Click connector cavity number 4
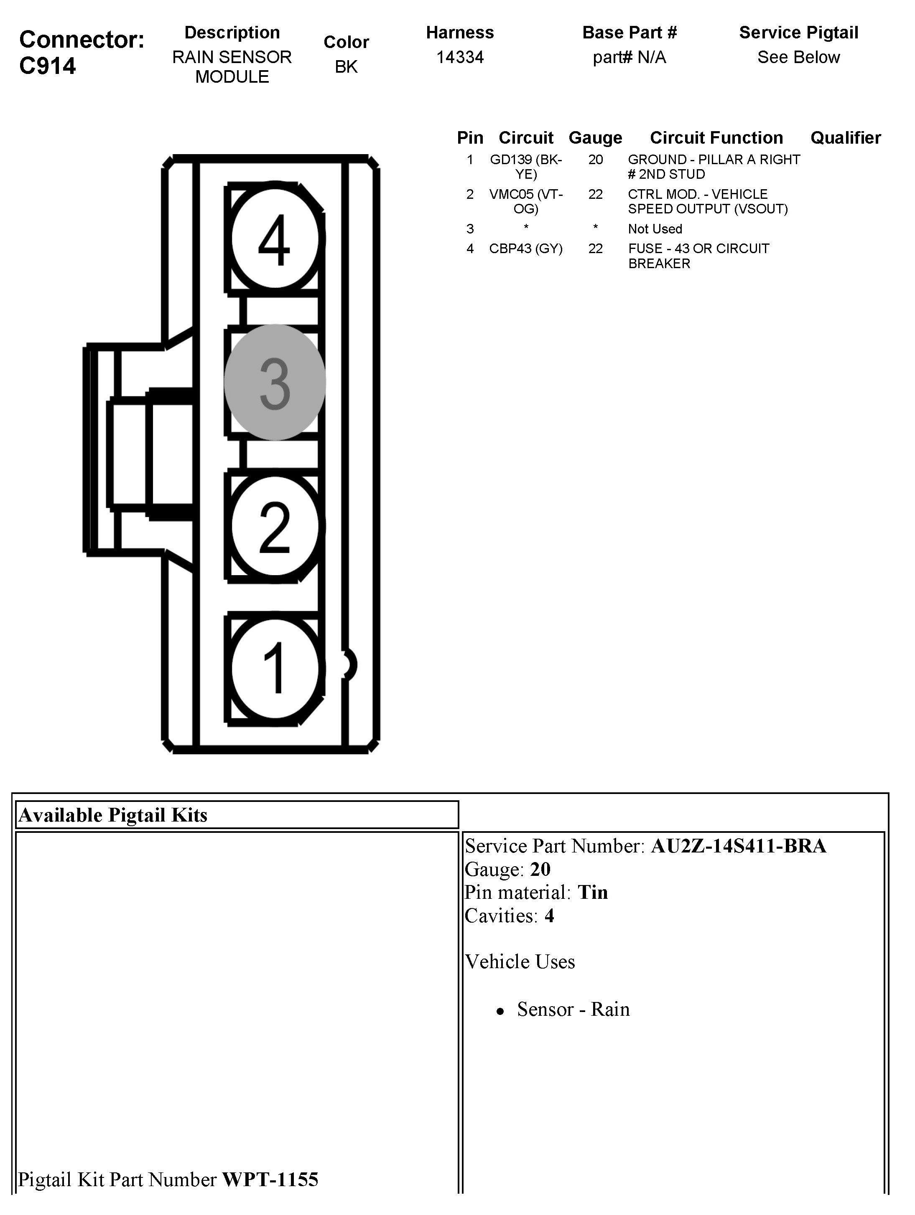pos(274,239)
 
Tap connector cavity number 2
pos(274,526)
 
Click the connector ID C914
pos(48,66)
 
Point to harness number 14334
pos(460,57)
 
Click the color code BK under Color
pos(346,66)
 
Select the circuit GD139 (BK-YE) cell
pos(526,166)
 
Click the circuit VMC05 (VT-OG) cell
pos(526,201)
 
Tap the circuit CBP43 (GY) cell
pos(526,249)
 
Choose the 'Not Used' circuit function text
pos(655,229)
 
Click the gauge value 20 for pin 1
pos(595,160)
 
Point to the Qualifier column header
pos(845,138)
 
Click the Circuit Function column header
pos(716,138)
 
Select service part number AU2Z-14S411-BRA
pos(738,846)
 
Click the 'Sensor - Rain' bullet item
pos(573,1010)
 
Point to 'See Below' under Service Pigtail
pos(798,57)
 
